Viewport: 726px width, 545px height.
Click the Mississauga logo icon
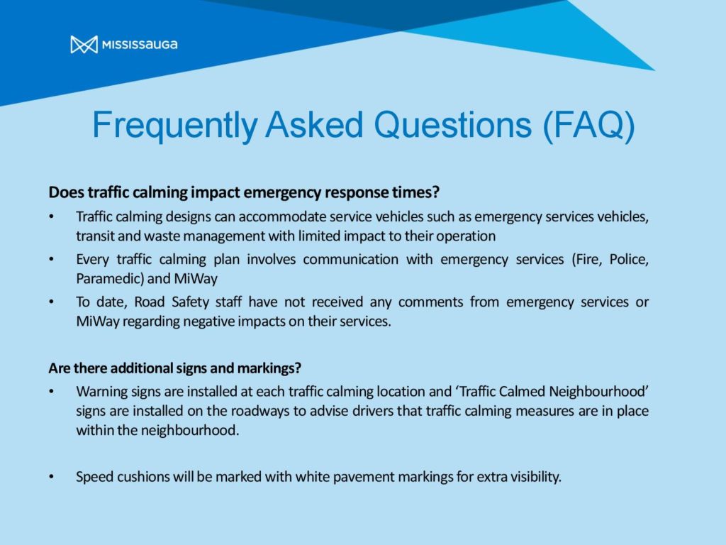click(x=84, y=45)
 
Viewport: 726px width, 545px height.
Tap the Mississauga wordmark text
click(x=140, y=45)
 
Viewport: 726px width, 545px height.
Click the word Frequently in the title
click(x=175, y=126)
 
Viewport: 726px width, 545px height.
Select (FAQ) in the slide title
click(x=588, y=126)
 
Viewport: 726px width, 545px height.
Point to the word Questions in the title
click(x=452, y=125)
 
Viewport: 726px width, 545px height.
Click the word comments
click(x=430, y=302)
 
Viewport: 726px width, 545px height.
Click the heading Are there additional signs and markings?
click(x=174, y=368)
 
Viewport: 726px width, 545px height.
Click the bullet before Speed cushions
click(x=51, y=477)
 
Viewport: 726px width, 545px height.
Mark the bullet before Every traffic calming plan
click(x=51, y=260)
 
